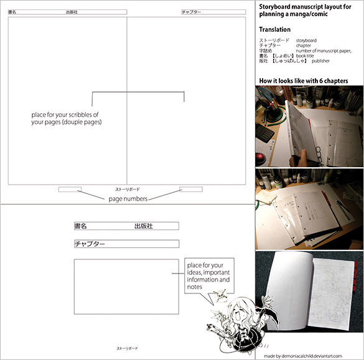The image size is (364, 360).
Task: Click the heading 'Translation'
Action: [x=274, y=29]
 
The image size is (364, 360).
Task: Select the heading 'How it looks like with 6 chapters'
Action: [x=303, y=81]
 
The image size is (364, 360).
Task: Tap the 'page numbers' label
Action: [x=128, y=199]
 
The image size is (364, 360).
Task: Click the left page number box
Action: [x=70, y=189]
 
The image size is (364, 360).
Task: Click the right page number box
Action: [x=190, y=189]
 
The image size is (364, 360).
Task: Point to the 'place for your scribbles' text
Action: [x=66, y=119]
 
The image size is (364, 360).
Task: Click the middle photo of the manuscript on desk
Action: [x=309, y=208]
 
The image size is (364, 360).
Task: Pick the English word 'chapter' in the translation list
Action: [x=304, y=45]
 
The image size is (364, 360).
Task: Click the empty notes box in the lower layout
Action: [x=126, y=287]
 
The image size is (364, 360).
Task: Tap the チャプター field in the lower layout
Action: [x=126, y=244]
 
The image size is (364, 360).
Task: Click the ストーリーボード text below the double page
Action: [x=128, y=188]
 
